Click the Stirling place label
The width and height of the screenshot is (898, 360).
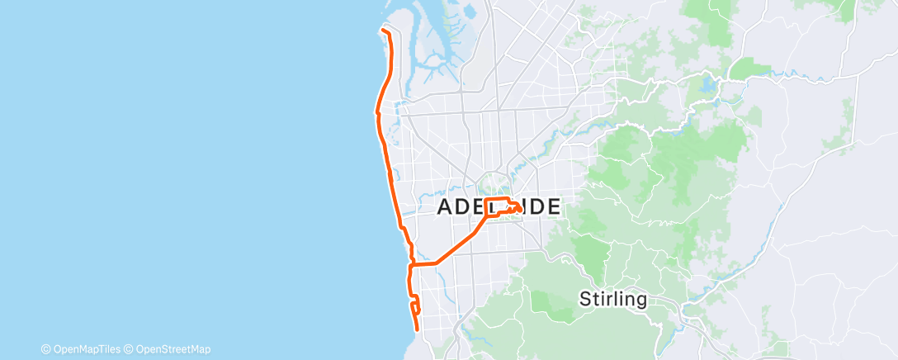(612, 299)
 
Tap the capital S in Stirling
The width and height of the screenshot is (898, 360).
(586, 299)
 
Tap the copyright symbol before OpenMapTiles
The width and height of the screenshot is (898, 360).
(45, 349)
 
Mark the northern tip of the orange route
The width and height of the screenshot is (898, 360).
(382, 31)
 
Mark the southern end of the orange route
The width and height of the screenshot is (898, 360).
(418, 329)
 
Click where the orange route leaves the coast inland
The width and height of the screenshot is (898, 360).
(412, 264)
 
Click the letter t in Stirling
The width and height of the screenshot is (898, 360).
(596, 299)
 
